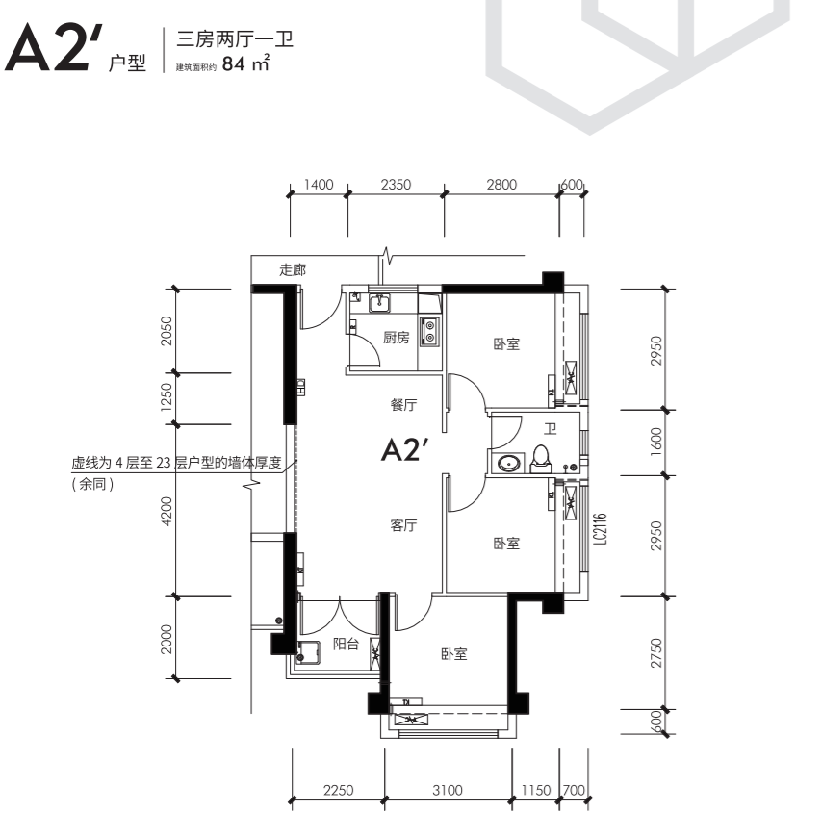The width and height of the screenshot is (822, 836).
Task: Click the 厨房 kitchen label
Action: click(x=396, y=338)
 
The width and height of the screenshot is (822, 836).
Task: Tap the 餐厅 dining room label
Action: click(x=403, y=405)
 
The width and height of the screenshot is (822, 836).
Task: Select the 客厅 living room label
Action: click(x=403, y=525)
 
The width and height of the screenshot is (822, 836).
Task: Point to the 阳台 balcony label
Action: click(x=346, y=644)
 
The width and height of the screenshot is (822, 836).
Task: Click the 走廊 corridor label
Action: click(x=293, y=269)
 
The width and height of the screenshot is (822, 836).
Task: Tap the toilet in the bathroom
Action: click(x=540, y=460)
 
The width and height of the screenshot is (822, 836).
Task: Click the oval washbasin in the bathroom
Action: click(x=510, y=463)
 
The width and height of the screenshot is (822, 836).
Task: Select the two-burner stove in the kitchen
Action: click(x=429, y=331)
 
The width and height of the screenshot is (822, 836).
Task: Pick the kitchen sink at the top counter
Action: click(x=380, y=303)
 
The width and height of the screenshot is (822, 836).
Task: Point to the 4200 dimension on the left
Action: click(x=167, y=511)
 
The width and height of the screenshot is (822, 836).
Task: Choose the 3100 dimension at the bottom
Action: click(x=447, y=790)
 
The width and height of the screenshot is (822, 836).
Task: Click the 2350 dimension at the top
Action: click(x=396, y=185)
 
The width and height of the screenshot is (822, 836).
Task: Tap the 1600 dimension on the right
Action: click(x=656, y=442)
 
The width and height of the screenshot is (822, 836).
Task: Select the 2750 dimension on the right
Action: click(x=656, y=653)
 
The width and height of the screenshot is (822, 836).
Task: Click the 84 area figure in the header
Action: click(x=234, y=64)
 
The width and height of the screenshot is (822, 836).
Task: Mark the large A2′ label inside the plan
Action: click(x=405, y=450)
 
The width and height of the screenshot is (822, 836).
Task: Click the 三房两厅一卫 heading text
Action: click(x=235, y=39)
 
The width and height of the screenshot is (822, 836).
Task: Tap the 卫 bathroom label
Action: click(x=550, y=428)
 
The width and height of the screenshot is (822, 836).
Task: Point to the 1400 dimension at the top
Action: click(x=319, y=185)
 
